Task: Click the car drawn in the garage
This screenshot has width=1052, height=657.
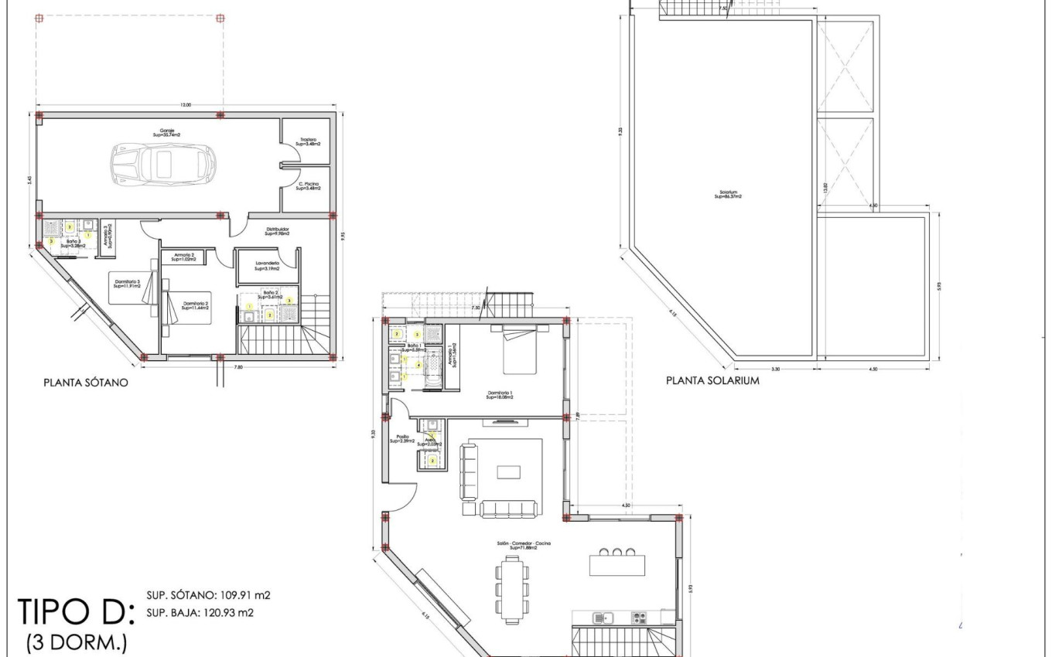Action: tap(162, 163)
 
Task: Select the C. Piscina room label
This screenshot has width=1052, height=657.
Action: tap(309, 186)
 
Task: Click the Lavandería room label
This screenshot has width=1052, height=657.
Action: tap(267, 265)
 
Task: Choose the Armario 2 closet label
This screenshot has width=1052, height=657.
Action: tap(183, 257)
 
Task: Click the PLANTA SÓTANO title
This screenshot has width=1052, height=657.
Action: tap(85, 382)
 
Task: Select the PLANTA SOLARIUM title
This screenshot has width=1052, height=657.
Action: tap(712, 380)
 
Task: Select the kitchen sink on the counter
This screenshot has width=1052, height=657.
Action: tap(602, 618)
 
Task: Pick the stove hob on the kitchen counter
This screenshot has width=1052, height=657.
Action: tap(640, 618)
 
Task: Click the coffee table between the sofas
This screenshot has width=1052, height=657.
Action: tap(508, 472)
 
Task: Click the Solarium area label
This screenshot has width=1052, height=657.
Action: tap(728, 196)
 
